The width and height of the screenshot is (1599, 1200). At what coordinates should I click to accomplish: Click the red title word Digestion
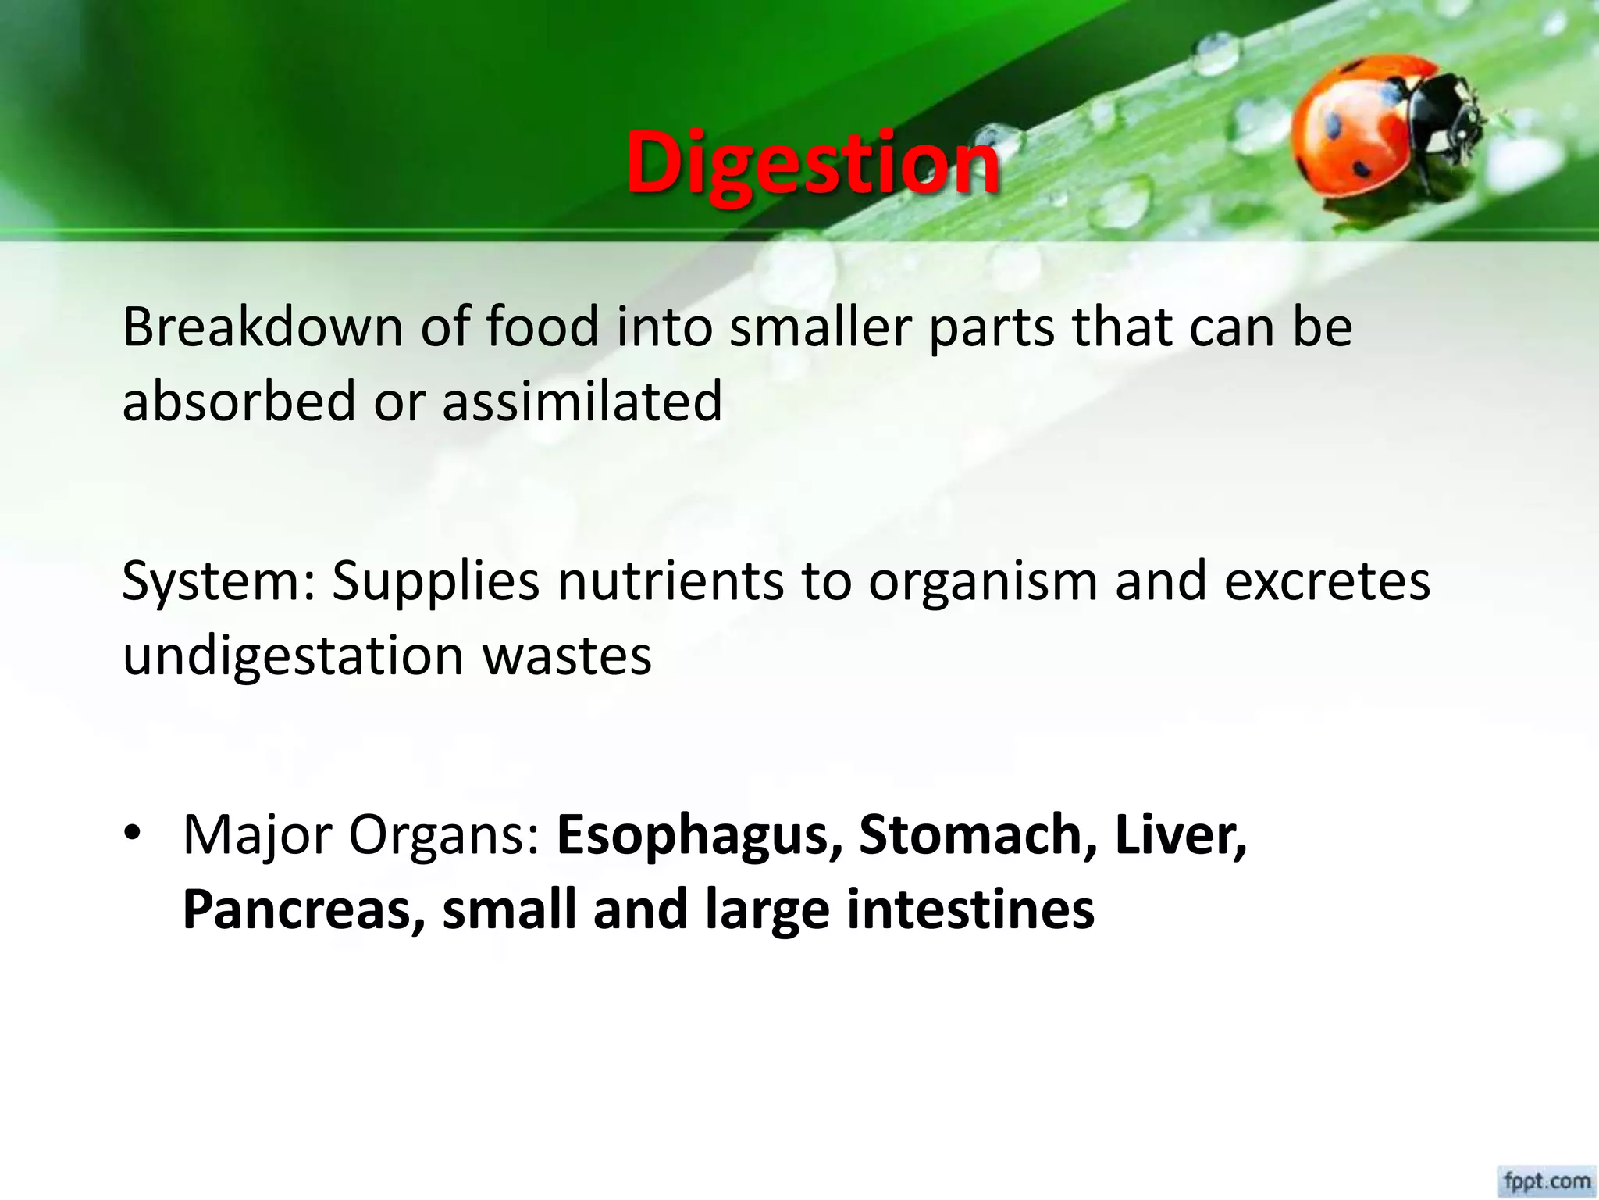click(x=812, y=162)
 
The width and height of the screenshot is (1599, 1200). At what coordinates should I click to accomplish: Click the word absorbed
click(x=239, y=401)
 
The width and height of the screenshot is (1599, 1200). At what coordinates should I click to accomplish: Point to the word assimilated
click(x=582, y=401)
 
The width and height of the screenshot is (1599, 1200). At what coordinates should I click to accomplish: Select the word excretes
click(x=1327, y=580)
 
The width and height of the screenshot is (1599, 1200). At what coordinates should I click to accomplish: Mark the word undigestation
click(x=294, y=656)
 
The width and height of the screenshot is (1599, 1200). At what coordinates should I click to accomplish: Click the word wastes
click(x=567, y=656)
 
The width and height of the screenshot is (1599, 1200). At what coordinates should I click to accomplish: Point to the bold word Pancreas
click(x=304, y=909)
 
